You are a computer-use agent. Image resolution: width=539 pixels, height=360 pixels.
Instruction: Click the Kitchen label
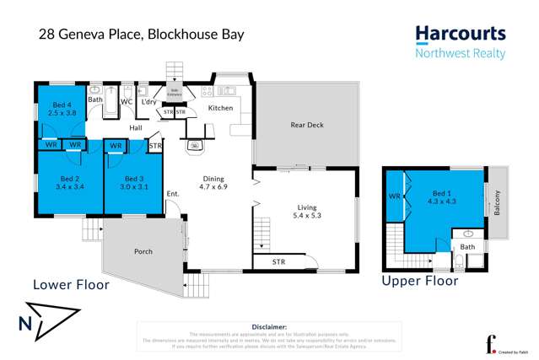(220, 108)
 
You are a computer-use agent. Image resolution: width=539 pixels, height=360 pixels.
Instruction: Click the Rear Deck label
(307, 126)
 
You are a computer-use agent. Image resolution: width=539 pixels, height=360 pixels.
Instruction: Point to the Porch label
(143, 251)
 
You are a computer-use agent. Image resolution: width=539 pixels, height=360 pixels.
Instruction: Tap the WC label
(126, 102)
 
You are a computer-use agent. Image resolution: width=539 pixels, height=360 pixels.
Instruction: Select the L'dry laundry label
(150, 102)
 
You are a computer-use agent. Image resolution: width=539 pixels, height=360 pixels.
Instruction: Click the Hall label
(135, 128)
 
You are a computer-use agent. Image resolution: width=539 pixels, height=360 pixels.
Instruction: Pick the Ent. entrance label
(173, 194)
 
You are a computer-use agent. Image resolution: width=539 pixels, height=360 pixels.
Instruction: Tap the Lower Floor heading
(71, 285)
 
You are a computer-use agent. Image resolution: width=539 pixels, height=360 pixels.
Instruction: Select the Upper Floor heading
(419, 281)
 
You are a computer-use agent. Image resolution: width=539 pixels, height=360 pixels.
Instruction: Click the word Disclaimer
(269, 326)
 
